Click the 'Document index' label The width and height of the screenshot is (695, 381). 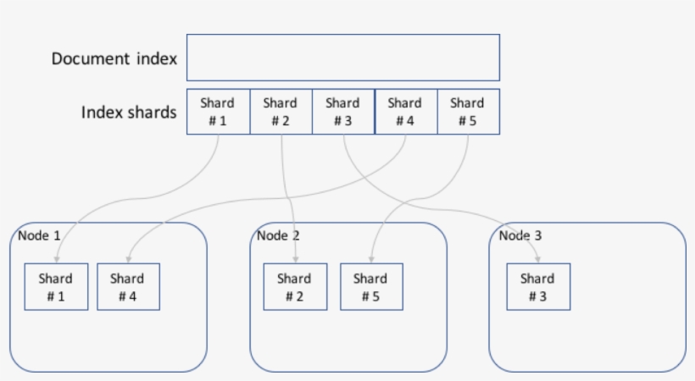tap(114, 58)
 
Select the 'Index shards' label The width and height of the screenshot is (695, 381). tap(129, 112)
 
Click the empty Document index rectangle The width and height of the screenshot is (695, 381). tap(342, 58)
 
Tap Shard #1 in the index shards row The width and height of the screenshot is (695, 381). tap(218, 112)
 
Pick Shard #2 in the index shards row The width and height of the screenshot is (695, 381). tap(281, 112)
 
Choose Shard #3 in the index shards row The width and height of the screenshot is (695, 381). tap(343, 112)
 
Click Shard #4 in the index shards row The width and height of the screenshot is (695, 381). tap(405, 112)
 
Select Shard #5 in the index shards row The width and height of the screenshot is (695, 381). tap(468, 112)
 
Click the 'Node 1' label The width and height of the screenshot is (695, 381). tap(39, 235)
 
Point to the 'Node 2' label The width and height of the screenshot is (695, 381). tap(278, 235)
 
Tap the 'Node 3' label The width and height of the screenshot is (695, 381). tap(520, 235)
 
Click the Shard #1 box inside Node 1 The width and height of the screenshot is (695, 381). tap(56, 287)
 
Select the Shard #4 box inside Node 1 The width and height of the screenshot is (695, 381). tap(127, 287)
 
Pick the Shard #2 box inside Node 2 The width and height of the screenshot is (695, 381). tap(294, 287)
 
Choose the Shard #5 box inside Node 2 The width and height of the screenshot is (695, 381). tap(370, 287)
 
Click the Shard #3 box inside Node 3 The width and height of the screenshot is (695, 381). tap(537, 287)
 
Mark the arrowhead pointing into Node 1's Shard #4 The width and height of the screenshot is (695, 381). tap(129, 259)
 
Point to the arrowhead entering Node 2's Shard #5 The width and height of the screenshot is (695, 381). tap(370, 259)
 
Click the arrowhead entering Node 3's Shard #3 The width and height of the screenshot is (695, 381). tap(538, 259)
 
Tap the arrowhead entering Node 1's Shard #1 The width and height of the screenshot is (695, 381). tap(63, 259)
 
